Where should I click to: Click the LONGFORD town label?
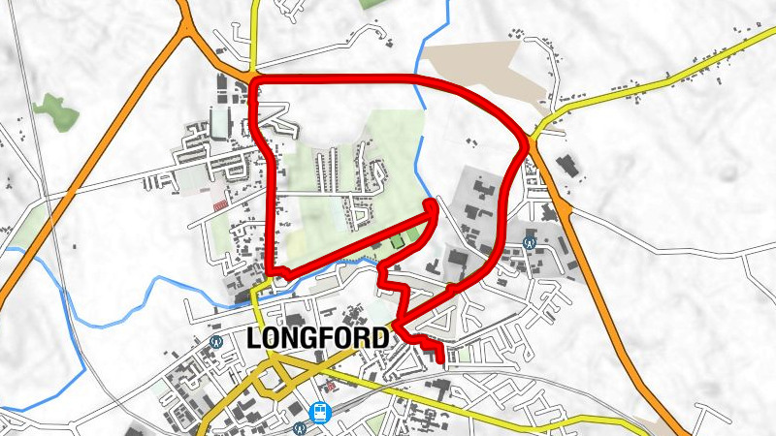pos(318,338)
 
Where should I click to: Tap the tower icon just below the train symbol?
pos(299,427)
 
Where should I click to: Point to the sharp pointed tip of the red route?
pos(433,202)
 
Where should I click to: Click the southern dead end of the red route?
pos(442,362)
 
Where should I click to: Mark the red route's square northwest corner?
pos(254,84)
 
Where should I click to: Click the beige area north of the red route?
pos(485,68)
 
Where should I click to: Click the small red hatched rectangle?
pos(219,205)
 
